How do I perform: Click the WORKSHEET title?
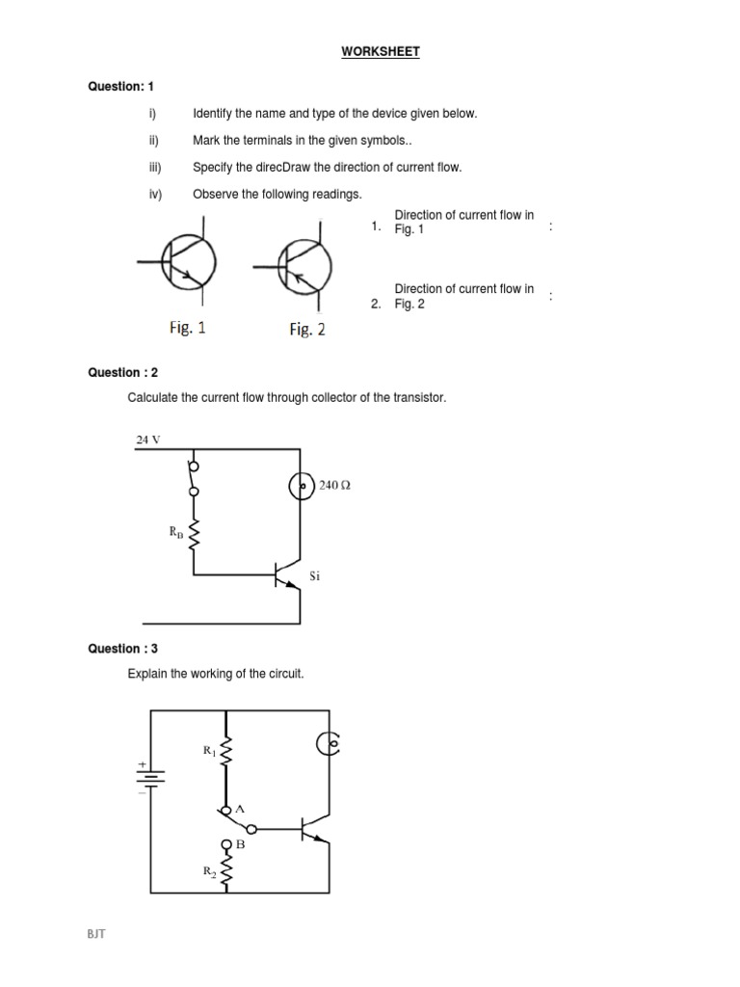pyautogui.click(x=381, y=52)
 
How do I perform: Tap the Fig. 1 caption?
pyautogui.click(x=187, y=328)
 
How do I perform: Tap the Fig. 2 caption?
pyautogui.click(x=307, y=330)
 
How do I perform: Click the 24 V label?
pyautogui.click(x=147, y=440)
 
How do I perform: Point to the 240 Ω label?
pyautogui.click(x=334, y=486)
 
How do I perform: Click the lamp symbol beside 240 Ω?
pyautogui.click(x=302, y=487)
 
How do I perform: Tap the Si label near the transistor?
pyautogui.click(x=314, y=575)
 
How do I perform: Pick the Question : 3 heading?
pyautogui.click(x=123, y=650)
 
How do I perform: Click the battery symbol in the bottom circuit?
pyautogui.click(x=149, y=777)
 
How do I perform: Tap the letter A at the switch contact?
pyautogui.click(x=240, y=809)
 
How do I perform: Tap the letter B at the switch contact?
pyautogui.click(x=241, y=844)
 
